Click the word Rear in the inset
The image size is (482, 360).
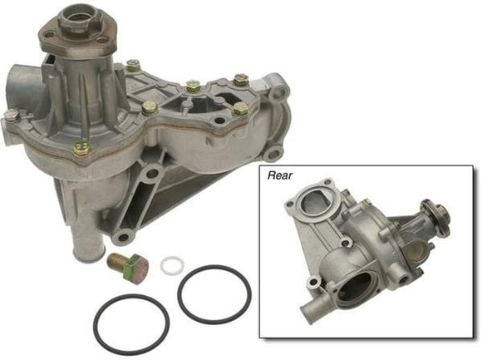(279, 175)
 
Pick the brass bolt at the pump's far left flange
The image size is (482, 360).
(11, 115)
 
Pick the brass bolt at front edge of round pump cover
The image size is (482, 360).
(81, 149)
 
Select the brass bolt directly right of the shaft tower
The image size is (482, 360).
(133, 66)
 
